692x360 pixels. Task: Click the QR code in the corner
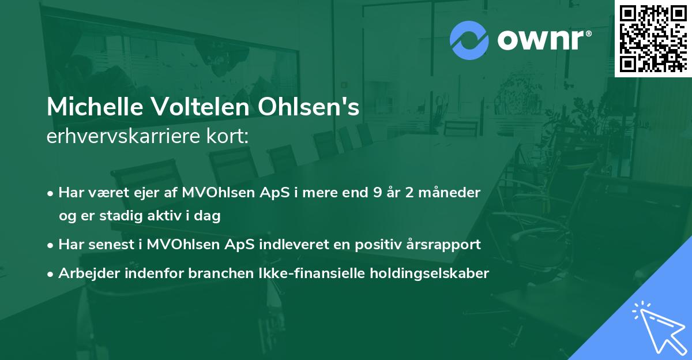click(x=653, y=38)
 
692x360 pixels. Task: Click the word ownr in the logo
click(x=541, y=41)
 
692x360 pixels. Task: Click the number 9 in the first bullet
click(x=377, y=192)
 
